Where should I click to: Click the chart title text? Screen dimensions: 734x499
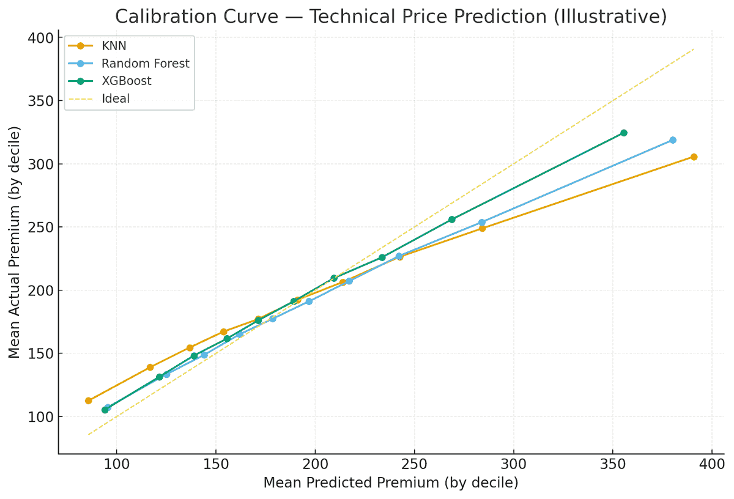391,17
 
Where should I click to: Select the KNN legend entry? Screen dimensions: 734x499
97,46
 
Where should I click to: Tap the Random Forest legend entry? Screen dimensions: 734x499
128,64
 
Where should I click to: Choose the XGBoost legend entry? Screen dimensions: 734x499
109,81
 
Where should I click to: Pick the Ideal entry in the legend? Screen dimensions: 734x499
98,98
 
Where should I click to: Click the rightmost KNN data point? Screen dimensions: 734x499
694,157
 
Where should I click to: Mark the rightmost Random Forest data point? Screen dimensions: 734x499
673,140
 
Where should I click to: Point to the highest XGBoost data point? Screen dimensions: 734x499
624,133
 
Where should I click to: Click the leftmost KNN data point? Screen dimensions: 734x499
89,401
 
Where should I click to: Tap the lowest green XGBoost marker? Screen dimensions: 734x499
105,410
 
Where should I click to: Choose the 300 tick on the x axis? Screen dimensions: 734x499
513,464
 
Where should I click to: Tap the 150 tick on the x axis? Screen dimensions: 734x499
215,464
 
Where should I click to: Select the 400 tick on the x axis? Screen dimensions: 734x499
712,464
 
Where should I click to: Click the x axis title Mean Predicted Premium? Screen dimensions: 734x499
351,482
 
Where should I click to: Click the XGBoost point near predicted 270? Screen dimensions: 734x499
452,220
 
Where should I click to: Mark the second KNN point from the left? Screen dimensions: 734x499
150,368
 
